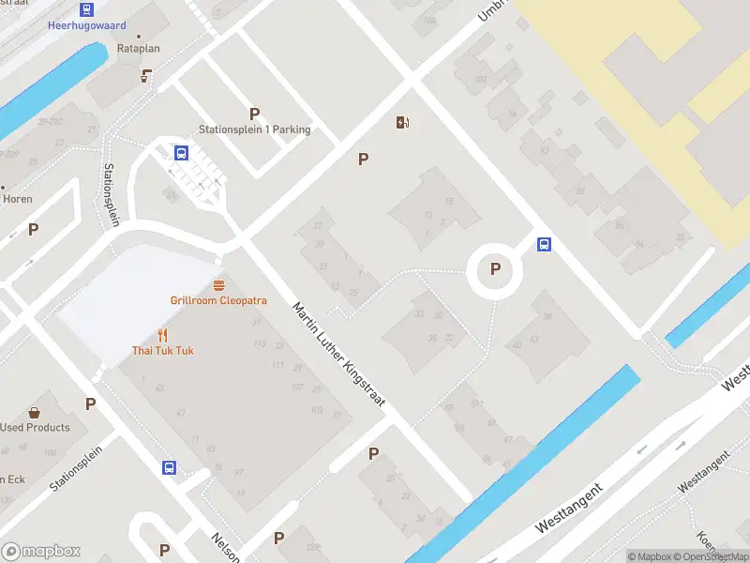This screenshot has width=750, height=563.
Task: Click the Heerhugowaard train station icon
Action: pyautogui.click(x=86, y=9)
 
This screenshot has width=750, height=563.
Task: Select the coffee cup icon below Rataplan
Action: pyautogui.click(x=146, y=76)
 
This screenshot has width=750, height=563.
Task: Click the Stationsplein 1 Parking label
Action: pyautogui.click(x=254, y=129)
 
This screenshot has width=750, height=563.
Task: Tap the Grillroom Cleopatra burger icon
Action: pyautogui.click(x=218, y=284)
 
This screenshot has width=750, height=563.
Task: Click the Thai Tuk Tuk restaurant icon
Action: pyautogui.click(x=162, y=335)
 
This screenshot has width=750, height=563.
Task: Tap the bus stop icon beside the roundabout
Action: pyautogui.click(x=544, y=244)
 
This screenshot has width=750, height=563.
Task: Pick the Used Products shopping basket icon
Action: pyautogui.click(x=34, y=412)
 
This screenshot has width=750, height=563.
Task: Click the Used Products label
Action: pyautogui.click(x=35, y=428)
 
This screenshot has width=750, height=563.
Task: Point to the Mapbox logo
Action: pyautogui.click(x=41, y=551)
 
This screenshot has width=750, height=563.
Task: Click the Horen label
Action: pyautogui.click(x=18, y=199)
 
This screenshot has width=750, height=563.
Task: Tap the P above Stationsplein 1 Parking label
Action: pyautogui.click(x=254, y=114)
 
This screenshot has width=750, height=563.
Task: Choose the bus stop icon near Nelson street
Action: pyautogui.click(x=169, y=467)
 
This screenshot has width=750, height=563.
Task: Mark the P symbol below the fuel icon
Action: pyautogui.click(x=363, y=160)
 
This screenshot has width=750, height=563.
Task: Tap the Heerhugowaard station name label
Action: pyautogui.click(x=86, y=25)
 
